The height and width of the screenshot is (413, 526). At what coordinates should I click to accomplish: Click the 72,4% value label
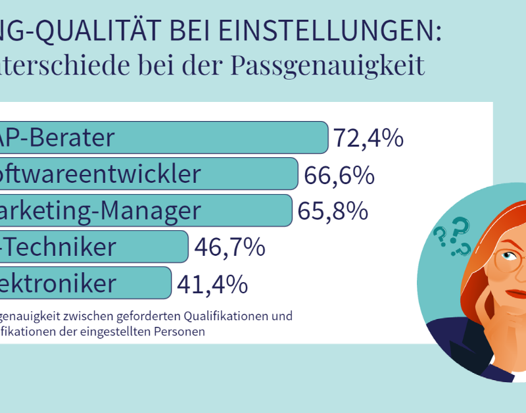[368, 138]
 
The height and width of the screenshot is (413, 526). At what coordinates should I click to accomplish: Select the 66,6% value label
[339, 175]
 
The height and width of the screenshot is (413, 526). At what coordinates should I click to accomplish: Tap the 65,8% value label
[333, 211]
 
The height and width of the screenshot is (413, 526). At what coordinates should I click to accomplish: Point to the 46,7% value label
[230, 247]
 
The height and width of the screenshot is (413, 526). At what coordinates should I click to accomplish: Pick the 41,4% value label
[212, 284]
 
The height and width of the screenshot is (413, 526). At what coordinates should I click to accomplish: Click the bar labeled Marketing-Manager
[145, 210]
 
